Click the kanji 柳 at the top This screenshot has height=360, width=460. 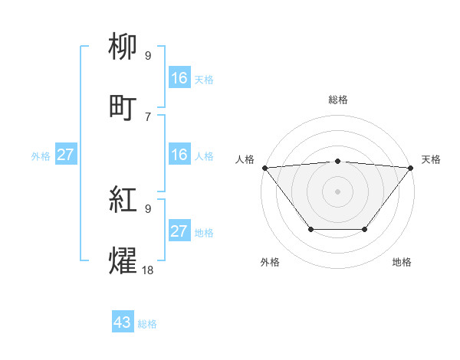(125, 48)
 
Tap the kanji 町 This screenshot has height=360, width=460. (125, 107)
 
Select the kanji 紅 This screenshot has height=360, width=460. (125, 201)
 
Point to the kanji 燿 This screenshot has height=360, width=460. (125, 260)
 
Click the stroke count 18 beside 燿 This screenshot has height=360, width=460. (147, 269)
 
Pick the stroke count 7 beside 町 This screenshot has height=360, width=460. (147, 116)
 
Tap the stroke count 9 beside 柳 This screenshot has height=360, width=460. (147, 56)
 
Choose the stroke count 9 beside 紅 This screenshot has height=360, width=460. (147, 209)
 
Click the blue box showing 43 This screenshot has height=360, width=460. (123, 322)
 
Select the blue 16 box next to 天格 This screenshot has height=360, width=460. (179, 78)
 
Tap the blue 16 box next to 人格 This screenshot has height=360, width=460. (179, 155)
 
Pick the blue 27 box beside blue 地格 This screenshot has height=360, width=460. (179, 231)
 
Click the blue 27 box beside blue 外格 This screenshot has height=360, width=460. (66, 155)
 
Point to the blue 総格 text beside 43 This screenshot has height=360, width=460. (147, 324)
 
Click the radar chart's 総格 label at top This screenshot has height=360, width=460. (337, 100)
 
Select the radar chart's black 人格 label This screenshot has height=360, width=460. (245, 159)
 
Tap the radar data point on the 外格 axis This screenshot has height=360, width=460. (310, 229)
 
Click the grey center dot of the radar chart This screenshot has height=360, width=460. (337, 191)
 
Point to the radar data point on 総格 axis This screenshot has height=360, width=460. (337, 161)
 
